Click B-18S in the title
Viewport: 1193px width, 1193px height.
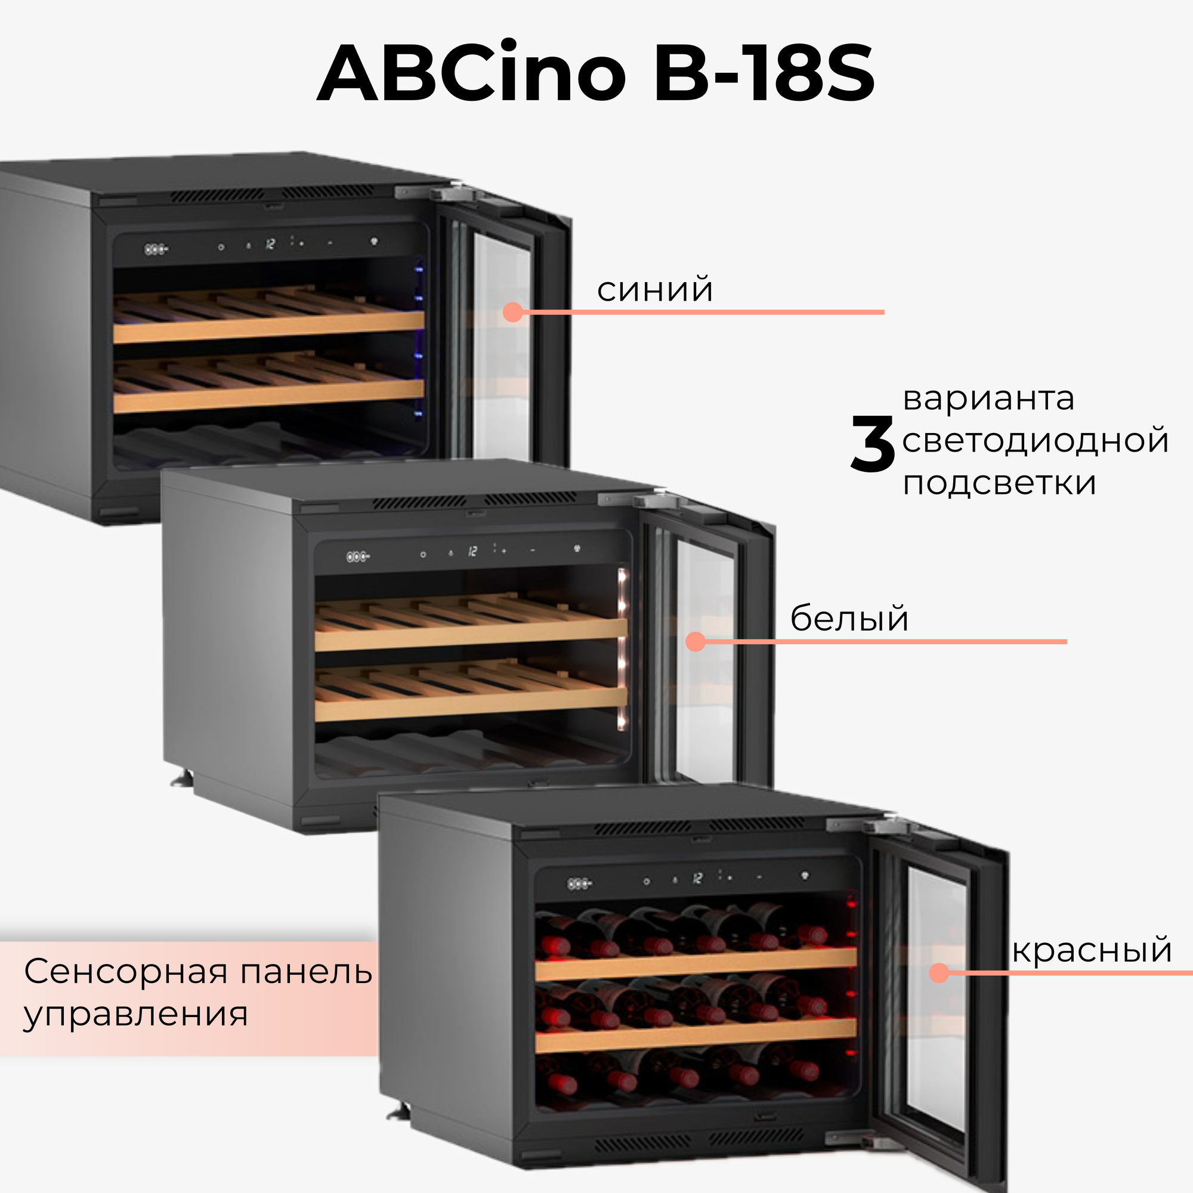tap(764, 74)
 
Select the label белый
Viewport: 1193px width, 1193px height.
tap(849, 618)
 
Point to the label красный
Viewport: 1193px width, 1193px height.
tap(1092, 950)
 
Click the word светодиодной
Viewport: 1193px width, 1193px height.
tap(1035, 441)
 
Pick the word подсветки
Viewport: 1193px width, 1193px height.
tap(999, 483)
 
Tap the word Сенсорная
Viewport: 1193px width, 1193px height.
tap(126, 971)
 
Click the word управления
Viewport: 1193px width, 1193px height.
tap(136, 1014)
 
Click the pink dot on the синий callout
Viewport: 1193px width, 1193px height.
tap(512, 313)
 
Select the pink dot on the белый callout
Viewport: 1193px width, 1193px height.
tap(696, 642)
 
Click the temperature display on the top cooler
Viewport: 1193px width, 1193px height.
tap(270, 245)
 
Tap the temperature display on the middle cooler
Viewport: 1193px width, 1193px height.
tap(472, 551)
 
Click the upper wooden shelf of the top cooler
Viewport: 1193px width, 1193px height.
tap(268, 327)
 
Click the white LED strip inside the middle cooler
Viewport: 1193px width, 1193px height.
tap(622, 648)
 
